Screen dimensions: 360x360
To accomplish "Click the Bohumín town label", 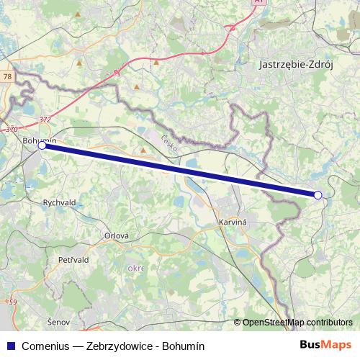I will (x=39, y=140).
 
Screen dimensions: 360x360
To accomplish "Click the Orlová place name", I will (x=116, y=235).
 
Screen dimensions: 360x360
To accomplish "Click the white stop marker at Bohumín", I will (x=42, y=145).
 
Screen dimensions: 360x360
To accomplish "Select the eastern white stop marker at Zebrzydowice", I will (x=318, y=194).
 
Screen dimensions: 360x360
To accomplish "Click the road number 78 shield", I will (x=7, y=76).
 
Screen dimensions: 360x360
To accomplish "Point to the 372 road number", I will (x=45, y=120).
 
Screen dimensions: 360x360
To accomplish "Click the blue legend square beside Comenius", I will (x=10, y=346).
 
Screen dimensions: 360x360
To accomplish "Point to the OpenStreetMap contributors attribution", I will (x=297, y=323).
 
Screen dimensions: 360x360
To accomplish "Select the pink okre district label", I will (x=135, y=269).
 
